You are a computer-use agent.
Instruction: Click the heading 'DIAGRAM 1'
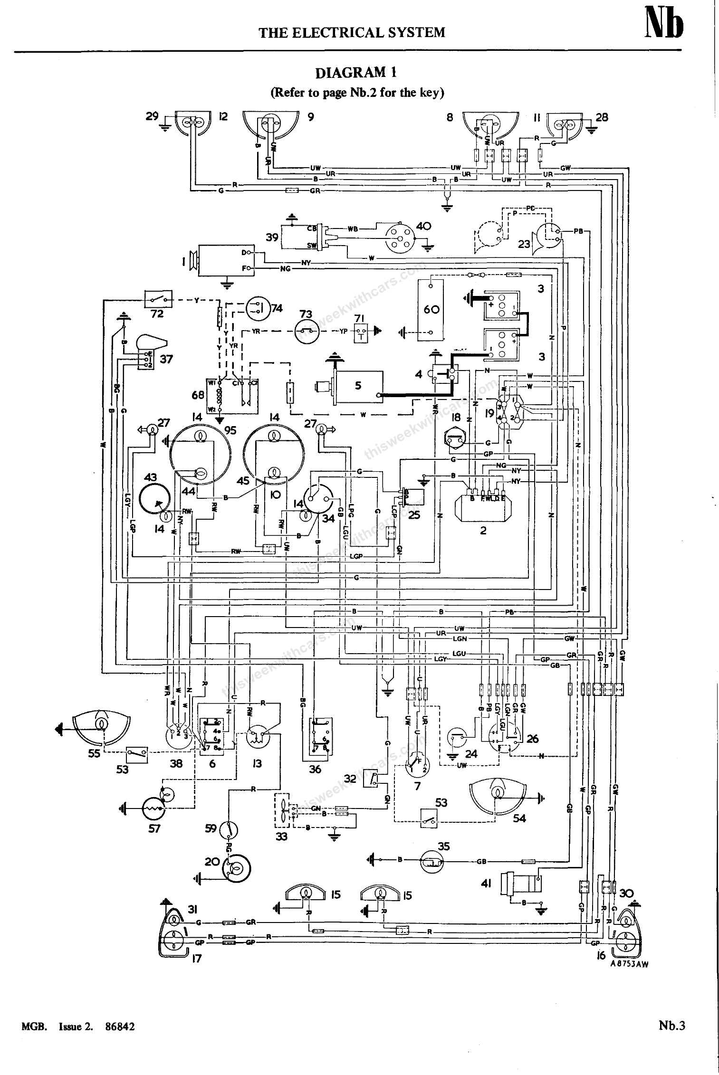tap(356, 73)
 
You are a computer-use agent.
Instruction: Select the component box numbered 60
tap(431, 310)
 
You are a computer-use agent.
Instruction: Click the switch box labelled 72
tap(158, 299)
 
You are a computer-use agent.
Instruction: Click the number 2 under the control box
tap(483, 531)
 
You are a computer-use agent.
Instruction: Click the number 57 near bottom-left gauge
tap(154, 829)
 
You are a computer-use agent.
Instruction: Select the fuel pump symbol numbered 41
tap(522, 885)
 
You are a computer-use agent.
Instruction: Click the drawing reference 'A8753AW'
tap(629, 964)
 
